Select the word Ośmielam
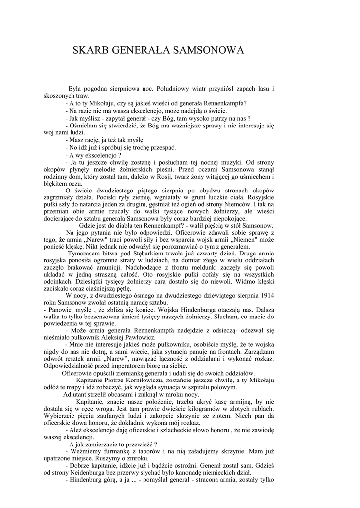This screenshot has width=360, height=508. pos(84,126)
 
